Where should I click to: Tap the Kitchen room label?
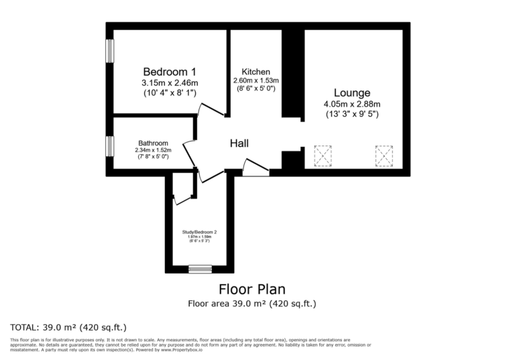click(x=256, y=72)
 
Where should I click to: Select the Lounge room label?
click(x=352, y=93)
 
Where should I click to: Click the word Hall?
click(x=239, y=143)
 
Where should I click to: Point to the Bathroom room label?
click(x=153, y=143)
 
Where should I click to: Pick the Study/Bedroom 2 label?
click(x=199, y=232)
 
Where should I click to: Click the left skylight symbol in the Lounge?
click(x=323, y=156)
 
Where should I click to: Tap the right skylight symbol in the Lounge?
click(x=384, y=156)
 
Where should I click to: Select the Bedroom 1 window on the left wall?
click(x=109, y=51)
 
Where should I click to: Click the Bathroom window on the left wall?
click(x=109, y=145)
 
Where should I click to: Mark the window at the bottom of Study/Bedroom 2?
click(x=199, y=269)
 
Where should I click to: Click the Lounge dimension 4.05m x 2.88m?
click(x=352, y=104)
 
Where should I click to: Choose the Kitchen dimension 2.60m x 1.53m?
click(x=256, y=80)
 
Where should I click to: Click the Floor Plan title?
click(x=252, y=289)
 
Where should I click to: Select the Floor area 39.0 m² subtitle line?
click(x=252, y=304)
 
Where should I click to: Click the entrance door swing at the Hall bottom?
click(x=255, y=168)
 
